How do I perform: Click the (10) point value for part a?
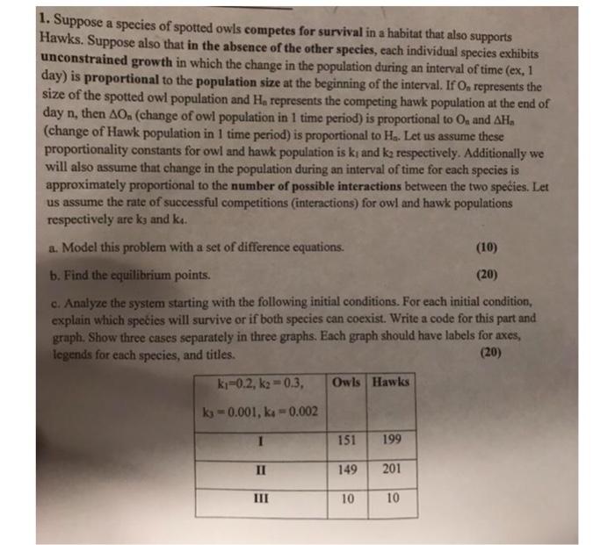pyautogui.click(x=502, y=247)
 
